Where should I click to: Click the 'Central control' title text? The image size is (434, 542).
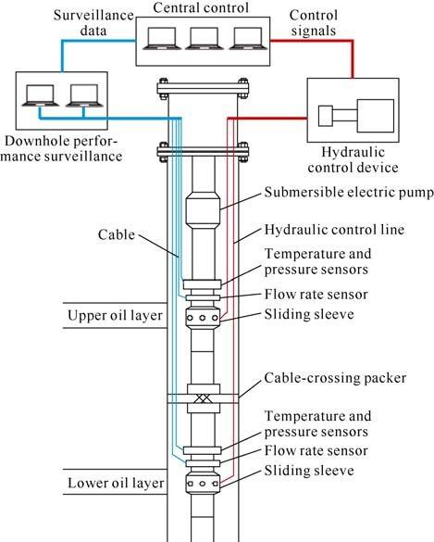click(201, 7)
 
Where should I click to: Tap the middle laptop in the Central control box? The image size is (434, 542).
click(205, 39)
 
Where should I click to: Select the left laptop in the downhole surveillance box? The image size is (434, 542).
click(41, 95)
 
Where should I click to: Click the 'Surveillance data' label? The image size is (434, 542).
click(93, 23)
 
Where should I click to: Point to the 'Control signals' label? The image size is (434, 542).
click(314, 23)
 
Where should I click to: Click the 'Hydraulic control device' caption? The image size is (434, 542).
click(353, 159)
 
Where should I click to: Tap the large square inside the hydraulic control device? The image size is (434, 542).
click(376, 116)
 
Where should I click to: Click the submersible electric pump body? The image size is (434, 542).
click(203, 210)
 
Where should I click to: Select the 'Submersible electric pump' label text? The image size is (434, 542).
click(349, 193)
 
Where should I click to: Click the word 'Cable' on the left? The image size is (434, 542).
click(117, 234)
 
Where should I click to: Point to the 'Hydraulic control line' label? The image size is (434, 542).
click(334, 230)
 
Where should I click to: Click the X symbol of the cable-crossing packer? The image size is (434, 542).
click(203, 398)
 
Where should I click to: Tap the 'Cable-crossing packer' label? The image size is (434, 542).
click(335, 378)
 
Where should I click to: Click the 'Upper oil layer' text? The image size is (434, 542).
click(115, 315)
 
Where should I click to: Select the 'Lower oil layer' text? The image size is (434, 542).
click(116, 483)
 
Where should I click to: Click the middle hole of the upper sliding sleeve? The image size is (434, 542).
click(203, 318)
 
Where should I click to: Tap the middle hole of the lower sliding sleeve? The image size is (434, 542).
click(203, 484)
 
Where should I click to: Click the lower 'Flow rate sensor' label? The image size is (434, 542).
click(316, 451)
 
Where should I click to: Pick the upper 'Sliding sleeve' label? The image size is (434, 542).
click(309, 314)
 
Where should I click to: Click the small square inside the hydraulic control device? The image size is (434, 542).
click(325, 116)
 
